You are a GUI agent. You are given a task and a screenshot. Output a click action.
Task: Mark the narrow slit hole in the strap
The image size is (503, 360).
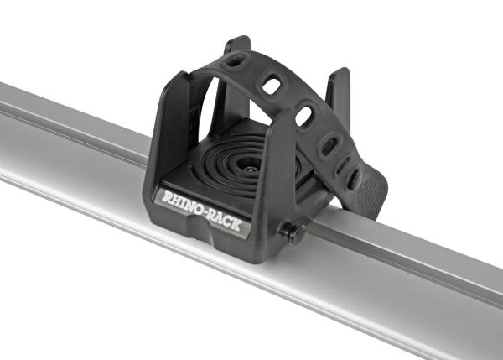pos(341,165)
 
